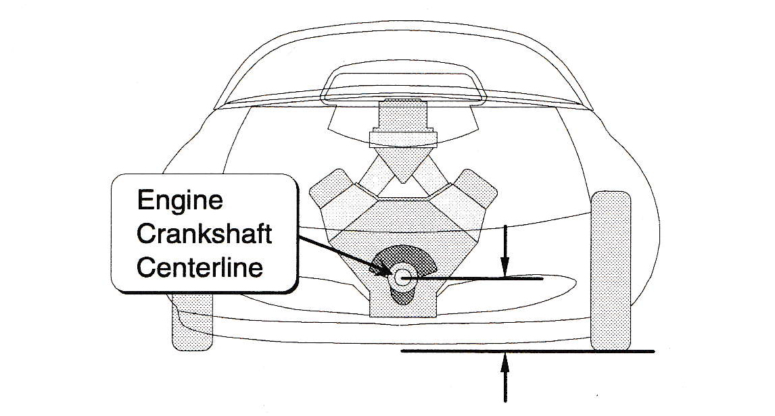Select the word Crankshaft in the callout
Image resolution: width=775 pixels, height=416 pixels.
204,234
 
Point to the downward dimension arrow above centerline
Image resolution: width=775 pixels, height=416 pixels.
504,251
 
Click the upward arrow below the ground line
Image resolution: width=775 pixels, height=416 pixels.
504,378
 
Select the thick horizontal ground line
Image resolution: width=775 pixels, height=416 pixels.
527,351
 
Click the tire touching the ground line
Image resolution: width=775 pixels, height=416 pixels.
611,270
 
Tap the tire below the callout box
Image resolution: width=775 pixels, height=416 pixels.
192,321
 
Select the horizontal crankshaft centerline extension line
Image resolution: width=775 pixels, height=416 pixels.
473,279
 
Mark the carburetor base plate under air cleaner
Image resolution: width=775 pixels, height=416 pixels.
403,140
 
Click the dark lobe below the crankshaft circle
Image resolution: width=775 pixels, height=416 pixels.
403,295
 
